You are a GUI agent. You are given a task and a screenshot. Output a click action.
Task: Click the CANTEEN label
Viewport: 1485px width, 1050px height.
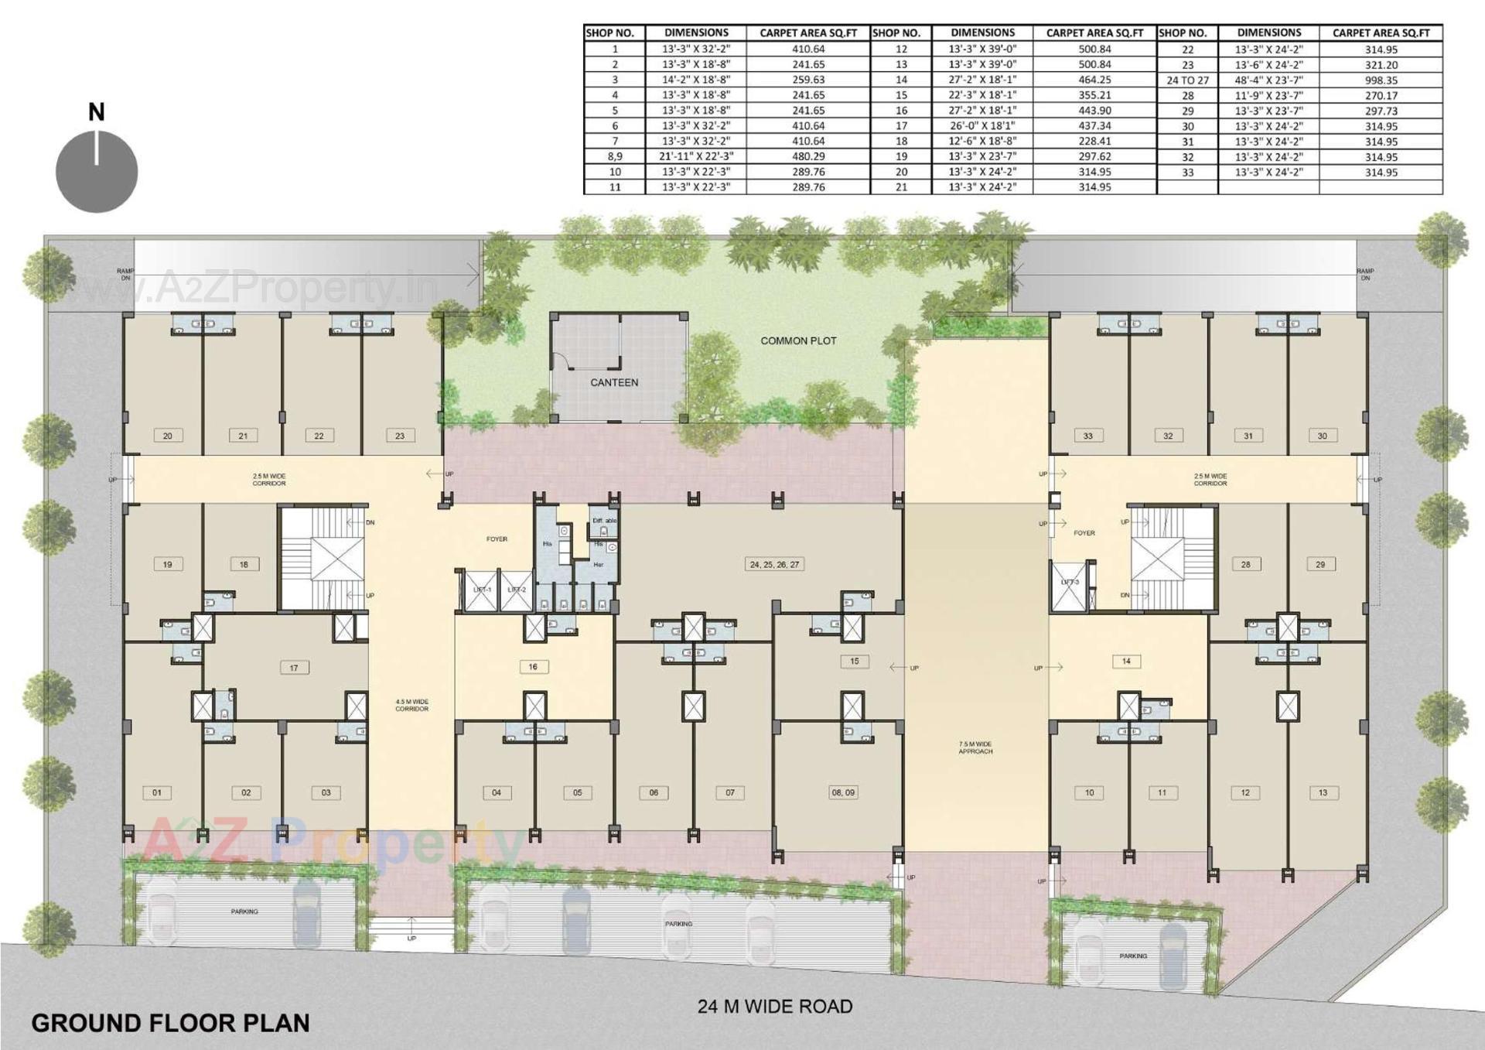[614, 382]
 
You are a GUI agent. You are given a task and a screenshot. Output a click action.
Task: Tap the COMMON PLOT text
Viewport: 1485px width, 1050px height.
[798, 340]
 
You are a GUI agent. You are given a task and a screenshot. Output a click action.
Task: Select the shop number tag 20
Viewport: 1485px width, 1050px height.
[168, 436]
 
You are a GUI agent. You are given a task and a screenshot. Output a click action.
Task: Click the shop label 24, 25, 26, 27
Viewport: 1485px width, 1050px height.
[774, 564]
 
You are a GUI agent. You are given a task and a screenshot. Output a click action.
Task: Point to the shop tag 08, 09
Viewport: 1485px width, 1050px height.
[842, 792]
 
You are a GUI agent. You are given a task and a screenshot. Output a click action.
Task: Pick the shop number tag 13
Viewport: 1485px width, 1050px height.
[1323, 792]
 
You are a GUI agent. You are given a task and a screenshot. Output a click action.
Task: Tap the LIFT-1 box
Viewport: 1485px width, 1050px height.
[482, 590]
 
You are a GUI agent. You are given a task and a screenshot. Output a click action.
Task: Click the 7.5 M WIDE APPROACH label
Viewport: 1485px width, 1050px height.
[975, 747]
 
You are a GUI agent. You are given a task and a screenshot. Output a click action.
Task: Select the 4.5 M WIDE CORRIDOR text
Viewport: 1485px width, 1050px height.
[411, 705]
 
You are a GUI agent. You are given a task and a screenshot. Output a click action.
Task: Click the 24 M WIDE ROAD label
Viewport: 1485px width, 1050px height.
[775, 1006]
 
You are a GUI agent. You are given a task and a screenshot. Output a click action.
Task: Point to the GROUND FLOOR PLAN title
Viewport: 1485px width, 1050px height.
[170, 1023]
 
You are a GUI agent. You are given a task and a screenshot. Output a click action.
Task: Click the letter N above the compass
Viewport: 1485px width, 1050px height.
[97, 112]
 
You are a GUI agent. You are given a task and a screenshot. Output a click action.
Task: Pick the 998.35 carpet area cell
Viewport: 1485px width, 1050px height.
[1381, 80]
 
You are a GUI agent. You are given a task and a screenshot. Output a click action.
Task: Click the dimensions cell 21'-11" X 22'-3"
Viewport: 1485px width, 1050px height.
[696, 156]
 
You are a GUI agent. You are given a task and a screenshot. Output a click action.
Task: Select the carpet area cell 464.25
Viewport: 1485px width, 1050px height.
[1094, 80]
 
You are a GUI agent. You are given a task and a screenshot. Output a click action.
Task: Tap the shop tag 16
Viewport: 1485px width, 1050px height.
[533, 666]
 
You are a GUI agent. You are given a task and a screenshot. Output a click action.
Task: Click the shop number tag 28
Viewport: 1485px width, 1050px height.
[1245, 564]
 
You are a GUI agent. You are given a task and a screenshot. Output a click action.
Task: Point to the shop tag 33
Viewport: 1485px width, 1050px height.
[1088, 436]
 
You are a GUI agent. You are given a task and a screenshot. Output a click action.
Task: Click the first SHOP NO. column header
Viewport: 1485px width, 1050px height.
[610, 32]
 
